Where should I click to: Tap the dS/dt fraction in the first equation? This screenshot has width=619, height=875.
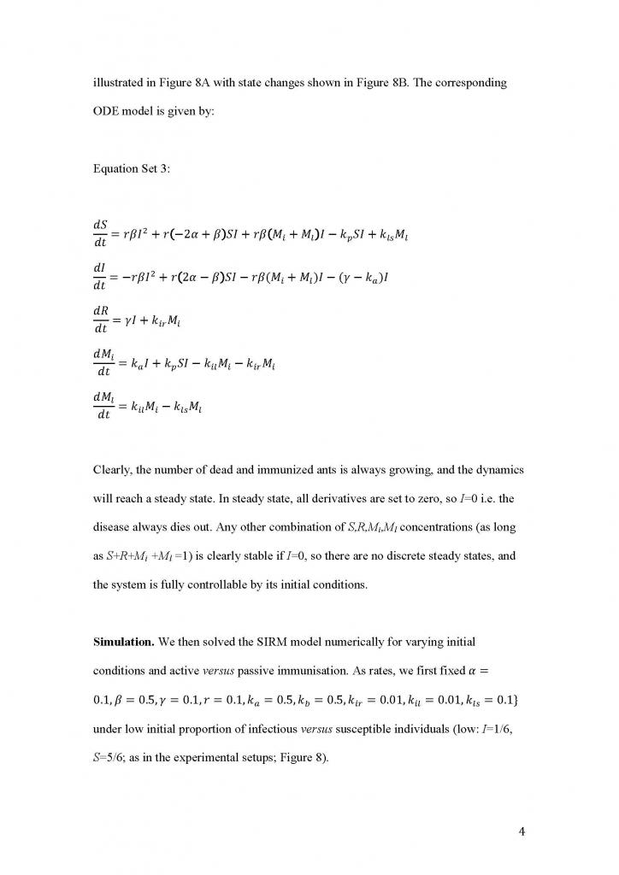[101, 232]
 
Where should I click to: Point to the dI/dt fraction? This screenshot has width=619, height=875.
[100, 276]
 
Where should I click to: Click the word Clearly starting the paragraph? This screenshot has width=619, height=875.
[114, 471]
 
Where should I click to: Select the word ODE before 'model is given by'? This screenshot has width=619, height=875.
[108, 114]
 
